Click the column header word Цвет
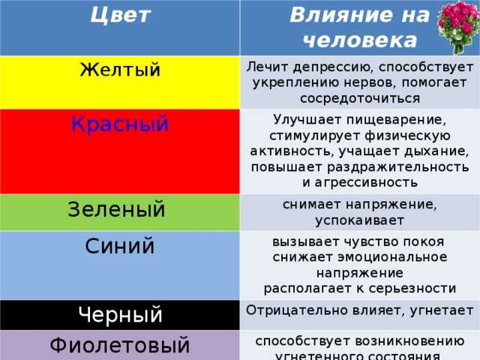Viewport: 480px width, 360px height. [120, 15]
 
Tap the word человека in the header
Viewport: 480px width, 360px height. [360, 40]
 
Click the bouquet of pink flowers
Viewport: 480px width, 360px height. [458, 27]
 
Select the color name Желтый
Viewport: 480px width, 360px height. [120, 70]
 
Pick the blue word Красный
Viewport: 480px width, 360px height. [120, 124]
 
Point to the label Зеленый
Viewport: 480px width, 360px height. [116, 209]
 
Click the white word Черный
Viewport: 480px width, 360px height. [120, 315]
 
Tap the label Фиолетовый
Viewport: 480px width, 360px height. [120, 345]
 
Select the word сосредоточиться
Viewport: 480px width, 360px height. [360, 99]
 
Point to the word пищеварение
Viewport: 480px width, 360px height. [397, 120]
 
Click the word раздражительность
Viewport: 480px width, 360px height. [398, 167]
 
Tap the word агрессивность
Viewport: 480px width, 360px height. [366, 183]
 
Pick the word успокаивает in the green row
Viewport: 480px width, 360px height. [360, 220]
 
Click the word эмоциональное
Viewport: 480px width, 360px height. [392, 257]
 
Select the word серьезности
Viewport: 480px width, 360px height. [412, 289]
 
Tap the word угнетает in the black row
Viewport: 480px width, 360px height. [442, 310]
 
